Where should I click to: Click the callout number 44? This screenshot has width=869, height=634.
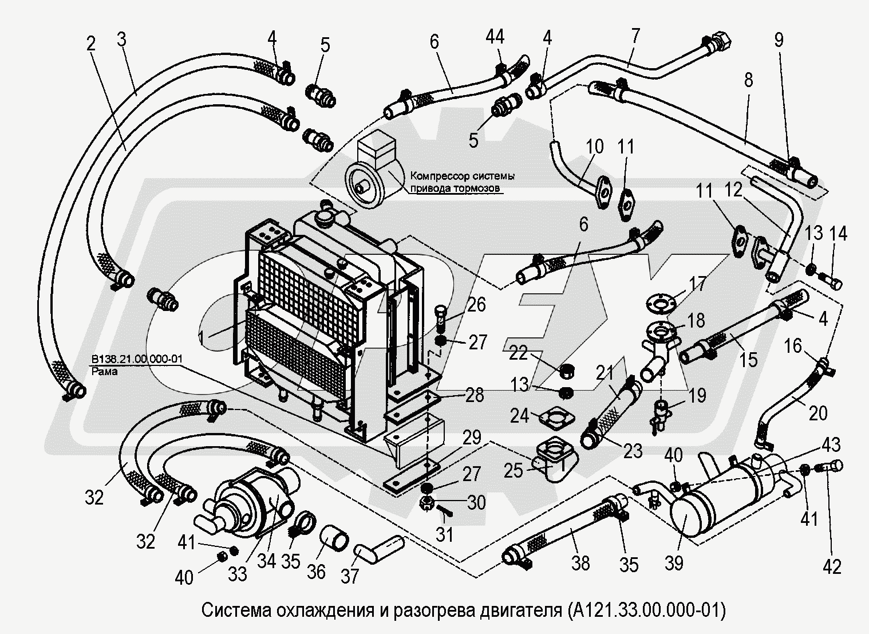pos(495,38)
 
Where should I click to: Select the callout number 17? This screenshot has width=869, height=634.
pos(697,284)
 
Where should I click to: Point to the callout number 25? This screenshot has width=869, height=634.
pos(513,471)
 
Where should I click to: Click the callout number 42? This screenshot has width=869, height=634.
pos(832,566)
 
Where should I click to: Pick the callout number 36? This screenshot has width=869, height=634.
pos(317,571)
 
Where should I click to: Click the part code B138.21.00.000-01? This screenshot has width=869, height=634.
pos(136,359)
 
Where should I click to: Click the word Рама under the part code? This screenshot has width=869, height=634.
pos(103,371)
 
